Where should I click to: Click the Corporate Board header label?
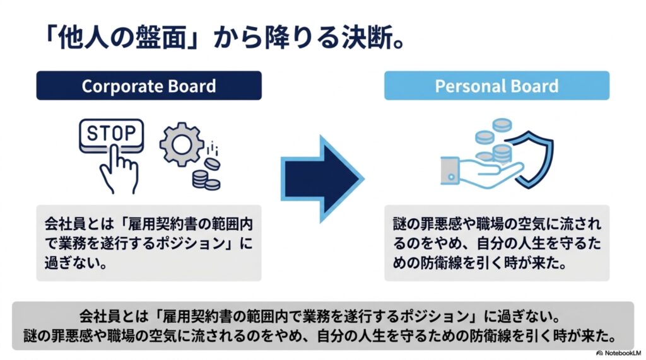[x=149, y=86]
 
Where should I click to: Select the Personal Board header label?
[x=497, y=86]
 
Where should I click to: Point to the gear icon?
[x=182, y=144]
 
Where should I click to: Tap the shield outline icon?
[x=534, y=159]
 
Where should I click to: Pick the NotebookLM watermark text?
[x=619, y=353]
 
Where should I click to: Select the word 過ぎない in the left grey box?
[x=72, y=262]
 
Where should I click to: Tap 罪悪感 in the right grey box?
[x=441, y=224]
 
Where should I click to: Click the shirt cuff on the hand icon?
[x=450, y=170]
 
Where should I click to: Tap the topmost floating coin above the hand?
[x=502, y=125]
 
